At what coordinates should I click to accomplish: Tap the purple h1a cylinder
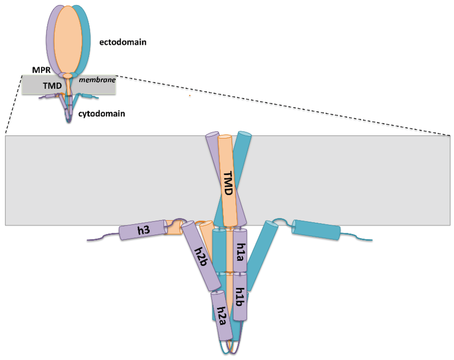point(240,250)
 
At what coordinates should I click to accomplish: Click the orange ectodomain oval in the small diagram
point(68,38)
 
